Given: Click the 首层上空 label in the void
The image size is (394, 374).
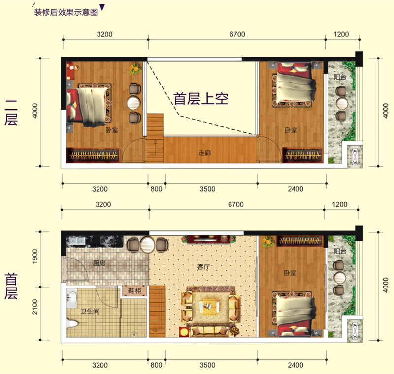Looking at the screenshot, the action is [x=201, y=98].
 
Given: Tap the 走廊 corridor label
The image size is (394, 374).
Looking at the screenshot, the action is [x=204, y=153].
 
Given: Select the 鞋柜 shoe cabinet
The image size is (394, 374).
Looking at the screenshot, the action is [x=134, y=291].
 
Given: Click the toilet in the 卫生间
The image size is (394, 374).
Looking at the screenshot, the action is [x=72, y=323].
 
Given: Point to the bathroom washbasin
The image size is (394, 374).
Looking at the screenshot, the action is [x=72, y=297].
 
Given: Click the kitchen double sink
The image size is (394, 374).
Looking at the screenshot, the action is [x=77, y=241].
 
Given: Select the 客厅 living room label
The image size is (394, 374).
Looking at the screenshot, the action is [x=203, y=267].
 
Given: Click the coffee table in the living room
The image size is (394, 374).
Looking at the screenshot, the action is [x=210, y=307].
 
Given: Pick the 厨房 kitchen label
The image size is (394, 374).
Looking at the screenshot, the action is [x=99, y=263].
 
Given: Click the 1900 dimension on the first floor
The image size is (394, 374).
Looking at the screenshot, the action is [x=35, y=256].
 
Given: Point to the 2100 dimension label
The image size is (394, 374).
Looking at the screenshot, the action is [x=35, y=307].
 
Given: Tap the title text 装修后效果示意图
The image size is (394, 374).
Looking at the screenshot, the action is [x=66, y=12].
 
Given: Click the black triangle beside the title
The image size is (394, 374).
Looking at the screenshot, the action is [x=102, y=7].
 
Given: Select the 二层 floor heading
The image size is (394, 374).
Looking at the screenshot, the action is [x=11, y=113].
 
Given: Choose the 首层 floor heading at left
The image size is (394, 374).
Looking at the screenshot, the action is [x=11, y=286].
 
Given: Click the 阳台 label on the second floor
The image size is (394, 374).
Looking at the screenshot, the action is [x=340, y=77].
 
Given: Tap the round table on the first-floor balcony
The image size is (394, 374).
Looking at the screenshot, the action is [x=340, y=278].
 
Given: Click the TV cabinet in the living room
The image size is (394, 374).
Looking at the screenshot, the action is [x=208, y=239].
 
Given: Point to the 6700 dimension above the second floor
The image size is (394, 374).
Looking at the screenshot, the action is [x=237, y=34].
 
